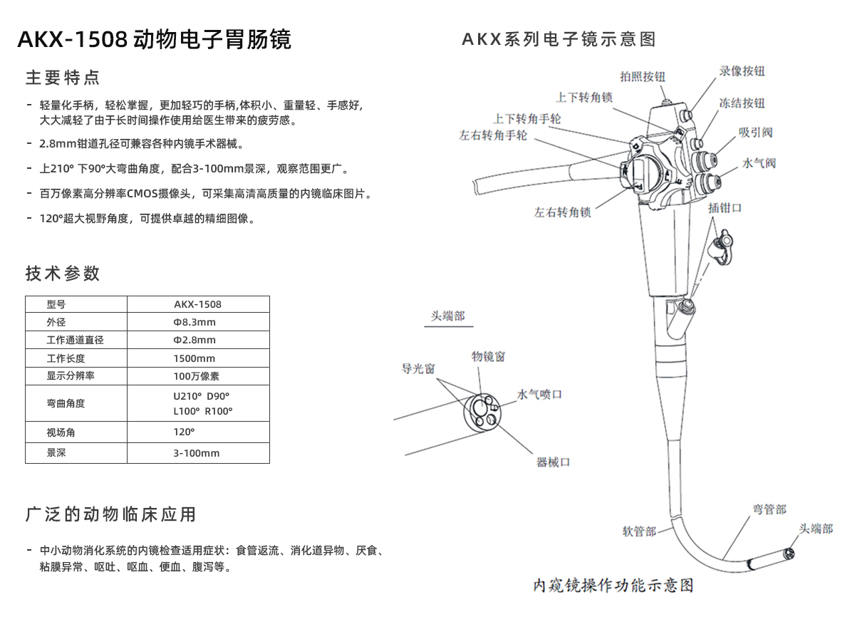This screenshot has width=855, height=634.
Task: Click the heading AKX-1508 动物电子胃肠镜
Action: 154,40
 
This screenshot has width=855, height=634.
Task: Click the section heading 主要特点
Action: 63,78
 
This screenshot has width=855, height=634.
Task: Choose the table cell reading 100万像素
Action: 197,376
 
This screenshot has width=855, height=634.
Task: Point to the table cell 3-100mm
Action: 197,453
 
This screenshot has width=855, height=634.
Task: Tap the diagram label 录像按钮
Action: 742,71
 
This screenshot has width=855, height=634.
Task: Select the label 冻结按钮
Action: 742,103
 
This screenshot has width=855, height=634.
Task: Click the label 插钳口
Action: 725,207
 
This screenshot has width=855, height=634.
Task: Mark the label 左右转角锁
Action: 562,212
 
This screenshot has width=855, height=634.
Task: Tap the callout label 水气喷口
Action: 539,394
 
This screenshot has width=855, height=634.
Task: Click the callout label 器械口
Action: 553,462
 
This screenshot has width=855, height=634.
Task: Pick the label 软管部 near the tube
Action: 638,531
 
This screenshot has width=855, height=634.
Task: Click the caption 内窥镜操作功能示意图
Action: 613,586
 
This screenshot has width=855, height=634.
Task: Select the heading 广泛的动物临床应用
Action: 110,514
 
